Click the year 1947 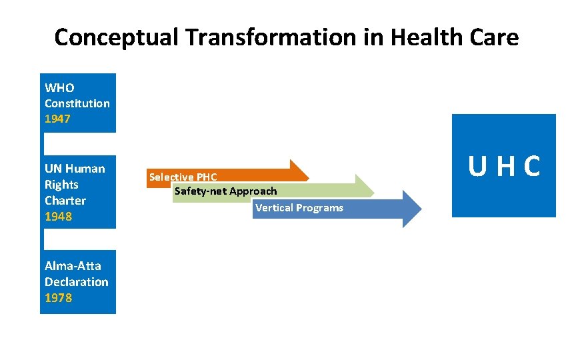[57, 119]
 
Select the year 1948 [58, 217]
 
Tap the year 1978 [58, 298]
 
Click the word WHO [59, 88]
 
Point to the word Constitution [77, 103]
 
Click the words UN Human [75, 169]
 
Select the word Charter [65, 201]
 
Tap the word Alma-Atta [73, 266]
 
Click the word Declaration [76, 282]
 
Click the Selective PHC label [183, 177]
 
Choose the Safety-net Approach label [225, 192]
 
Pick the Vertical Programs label [299, 208]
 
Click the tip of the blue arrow [421, 209]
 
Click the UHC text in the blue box [504, 167]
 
